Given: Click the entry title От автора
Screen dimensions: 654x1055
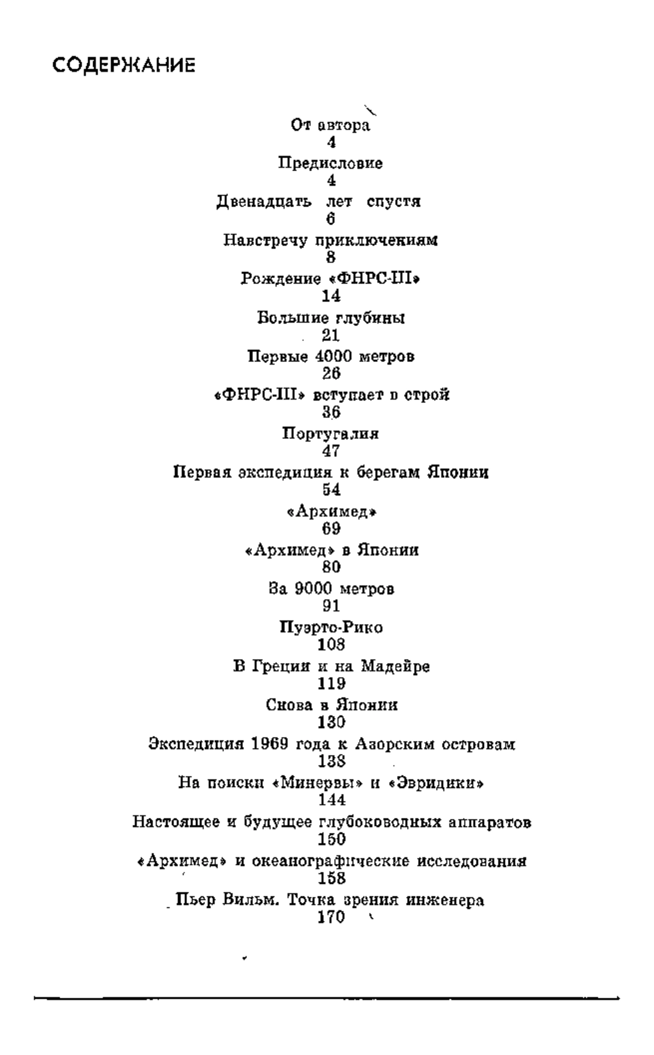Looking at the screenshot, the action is [331, 125].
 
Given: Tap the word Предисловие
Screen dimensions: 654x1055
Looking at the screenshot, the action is [331, 164].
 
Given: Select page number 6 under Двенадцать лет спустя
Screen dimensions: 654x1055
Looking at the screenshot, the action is [331, 219].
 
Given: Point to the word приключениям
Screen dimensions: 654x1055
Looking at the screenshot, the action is [377, 241].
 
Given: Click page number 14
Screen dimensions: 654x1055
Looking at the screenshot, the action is [331, 296].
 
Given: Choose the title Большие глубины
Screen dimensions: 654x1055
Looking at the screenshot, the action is [331, 318].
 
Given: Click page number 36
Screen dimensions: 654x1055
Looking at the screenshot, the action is [331, 412].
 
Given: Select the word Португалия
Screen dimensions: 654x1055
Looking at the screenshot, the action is [331, 434].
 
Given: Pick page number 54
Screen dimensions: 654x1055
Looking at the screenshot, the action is [331, 490].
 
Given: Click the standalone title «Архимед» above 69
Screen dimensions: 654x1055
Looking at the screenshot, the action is [332, 512].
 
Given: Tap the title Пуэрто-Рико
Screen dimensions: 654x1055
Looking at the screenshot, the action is [331, 628].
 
